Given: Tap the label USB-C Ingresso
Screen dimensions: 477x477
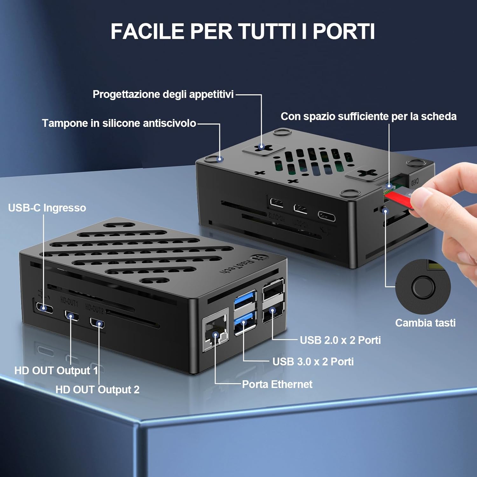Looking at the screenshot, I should coord(47,208).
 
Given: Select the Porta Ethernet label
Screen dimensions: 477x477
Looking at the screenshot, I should coord(277,384).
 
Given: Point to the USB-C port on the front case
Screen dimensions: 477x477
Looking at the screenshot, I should coord(44,308).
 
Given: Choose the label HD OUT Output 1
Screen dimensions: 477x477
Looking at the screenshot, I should coord(56,370).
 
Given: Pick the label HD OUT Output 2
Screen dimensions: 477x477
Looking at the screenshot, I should coord(97,390).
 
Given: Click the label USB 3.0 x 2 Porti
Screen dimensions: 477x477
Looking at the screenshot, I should coord(313,362).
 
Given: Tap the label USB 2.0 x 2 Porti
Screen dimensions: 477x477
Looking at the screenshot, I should coord(340,340).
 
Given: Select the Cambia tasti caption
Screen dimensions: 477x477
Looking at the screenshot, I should coord(425,323).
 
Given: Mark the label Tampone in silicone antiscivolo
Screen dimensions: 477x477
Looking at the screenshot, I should coord(119,123).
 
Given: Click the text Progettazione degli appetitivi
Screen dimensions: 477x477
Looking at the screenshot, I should coord(163,94).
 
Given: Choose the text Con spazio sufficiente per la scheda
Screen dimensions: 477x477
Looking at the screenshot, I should coord(368,116).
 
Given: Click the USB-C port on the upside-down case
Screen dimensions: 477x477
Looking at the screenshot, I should coord(327,216).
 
